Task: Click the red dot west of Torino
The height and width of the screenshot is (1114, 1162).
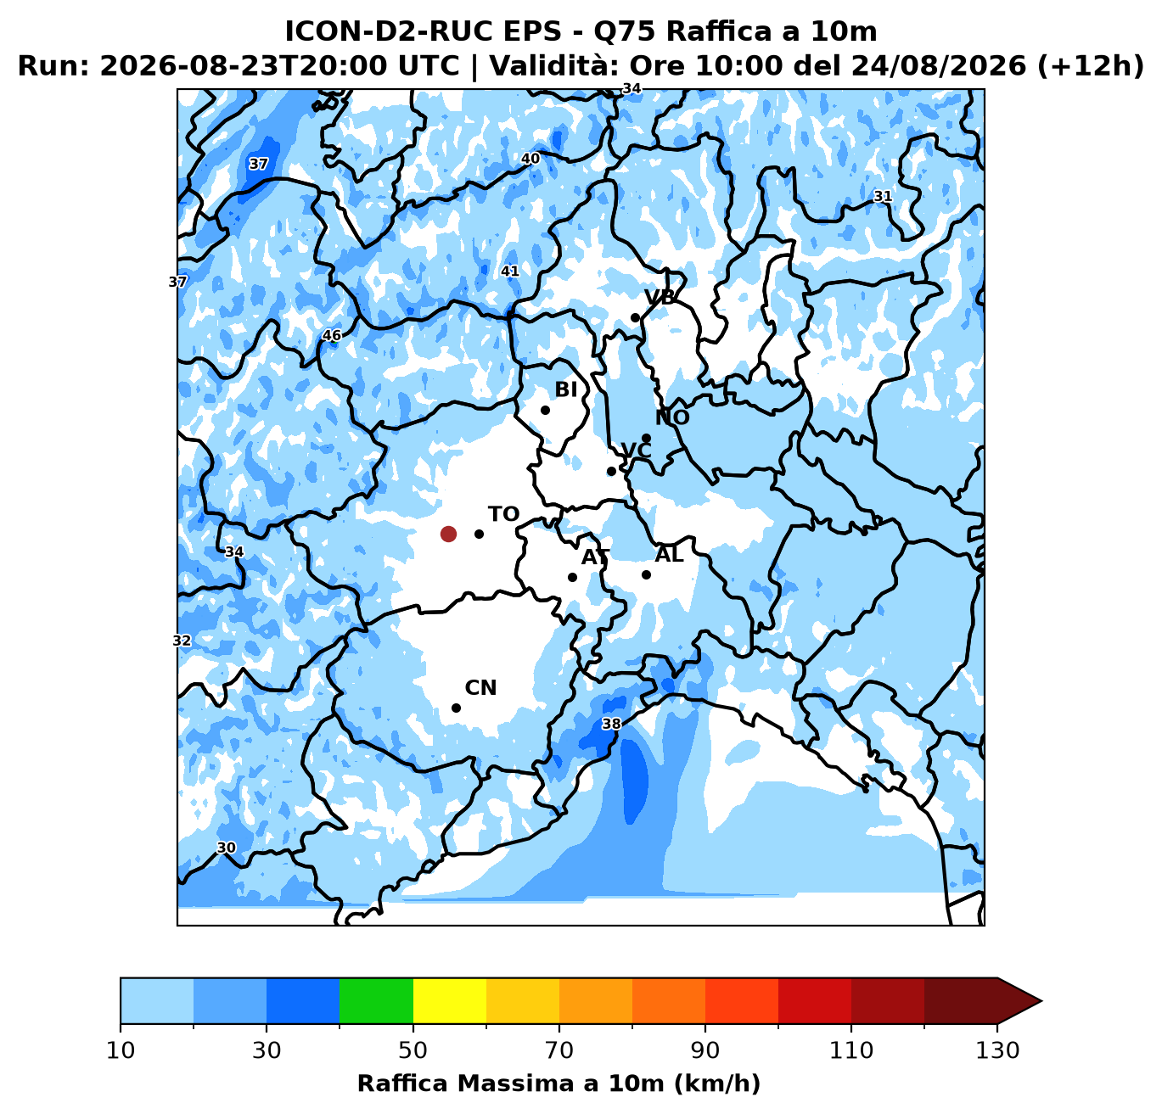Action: (x=448, y=534)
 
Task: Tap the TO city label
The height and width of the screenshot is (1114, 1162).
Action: (x=503, y=514)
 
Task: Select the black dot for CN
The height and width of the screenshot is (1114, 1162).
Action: (x=456, y=708)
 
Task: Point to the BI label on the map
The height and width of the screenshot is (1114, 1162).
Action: (x=566, y=389)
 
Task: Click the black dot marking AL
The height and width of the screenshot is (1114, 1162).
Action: (x=646, y=575)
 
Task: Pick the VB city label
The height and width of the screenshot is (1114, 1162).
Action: (x=660, y=297)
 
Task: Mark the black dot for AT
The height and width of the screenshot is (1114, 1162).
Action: (x=572, y=577)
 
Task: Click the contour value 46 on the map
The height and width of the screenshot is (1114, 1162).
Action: (x=332, y=335)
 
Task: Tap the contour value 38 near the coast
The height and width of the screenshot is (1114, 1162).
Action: (x=611, y=725)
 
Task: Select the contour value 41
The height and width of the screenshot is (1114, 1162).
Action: (x=509, y=272)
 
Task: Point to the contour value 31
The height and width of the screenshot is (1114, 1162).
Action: (x=883, y=196)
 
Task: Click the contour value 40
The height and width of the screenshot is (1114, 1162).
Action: (x=530, y=159)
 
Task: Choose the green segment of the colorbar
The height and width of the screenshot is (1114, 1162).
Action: (x=376, y=1001)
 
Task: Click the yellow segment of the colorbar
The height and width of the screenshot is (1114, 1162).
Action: (x=450, y=1001)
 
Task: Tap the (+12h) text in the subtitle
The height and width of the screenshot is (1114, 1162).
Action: (x=1091, y=66)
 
